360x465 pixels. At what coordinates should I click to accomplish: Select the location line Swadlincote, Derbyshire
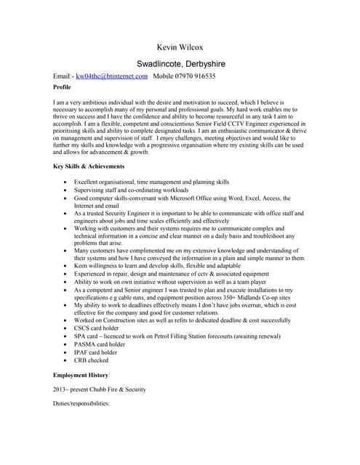(180, 63)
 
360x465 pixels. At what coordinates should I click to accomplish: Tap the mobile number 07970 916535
(193, 76)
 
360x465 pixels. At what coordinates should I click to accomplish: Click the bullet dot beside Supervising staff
(67, 190)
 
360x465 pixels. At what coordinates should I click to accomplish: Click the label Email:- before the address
(64, 76)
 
